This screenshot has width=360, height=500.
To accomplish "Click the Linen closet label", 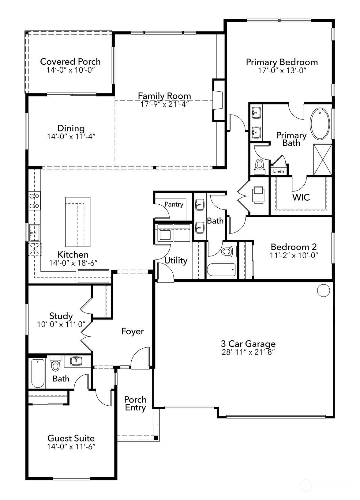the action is pyautogui.click(x=278, y=171).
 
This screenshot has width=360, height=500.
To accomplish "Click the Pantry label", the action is pyautogui.click(x=174, y=204).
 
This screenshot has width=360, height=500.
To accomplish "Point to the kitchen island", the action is pyautogui.click(x=78, y=222).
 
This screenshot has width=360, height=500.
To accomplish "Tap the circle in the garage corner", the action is pyautogui.click(x=323, y=290).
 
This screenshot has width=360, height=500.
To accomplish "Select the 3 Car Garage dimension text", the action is pyautogui.click(x=248, y=352).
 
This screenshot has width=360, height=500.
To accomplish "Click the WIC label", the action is pyautogui.click(x=301, y=197).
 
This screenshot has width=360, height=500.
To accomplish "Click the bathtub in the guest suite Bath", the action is pyautogui.click(x=38, y=373).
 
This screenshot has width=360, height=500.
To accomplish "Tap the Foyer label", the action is pyautogui.click(x=133, y=331).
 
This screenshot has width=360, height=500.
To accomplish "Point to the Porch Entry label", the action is pyautogui.click(x=135, y=403).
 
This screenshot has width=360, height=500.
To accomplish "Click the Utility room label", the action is pyautogui.click(x=176, y=260).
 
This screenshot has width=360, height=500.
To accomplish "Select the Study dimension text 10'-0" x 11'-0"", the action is pyautogui.click(x=61, y=324).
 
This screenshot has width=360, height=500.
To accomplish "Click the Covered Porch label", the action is pyautogui.click(x=70, y=61).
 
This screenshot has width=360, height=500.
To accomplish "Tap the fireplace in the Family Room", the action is pyautogui.click(x=218, y=100).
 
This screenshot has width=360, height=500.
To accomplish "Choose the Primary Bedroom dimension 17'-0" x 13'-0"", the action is pyautogui.click(x=282, y=70).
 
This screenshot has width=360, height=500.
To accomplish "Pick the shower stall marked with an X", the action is pyautogui.click(x=323, y=160).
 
